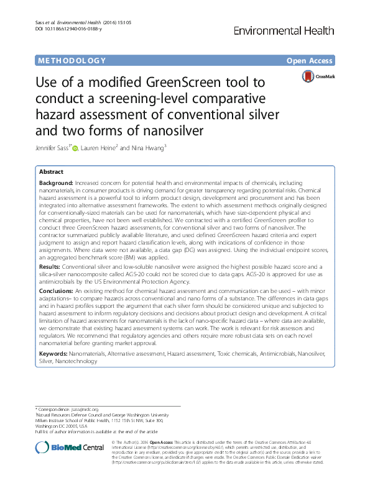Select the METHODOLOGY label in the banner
[72, 61]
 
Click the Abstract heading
[51, 172]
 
